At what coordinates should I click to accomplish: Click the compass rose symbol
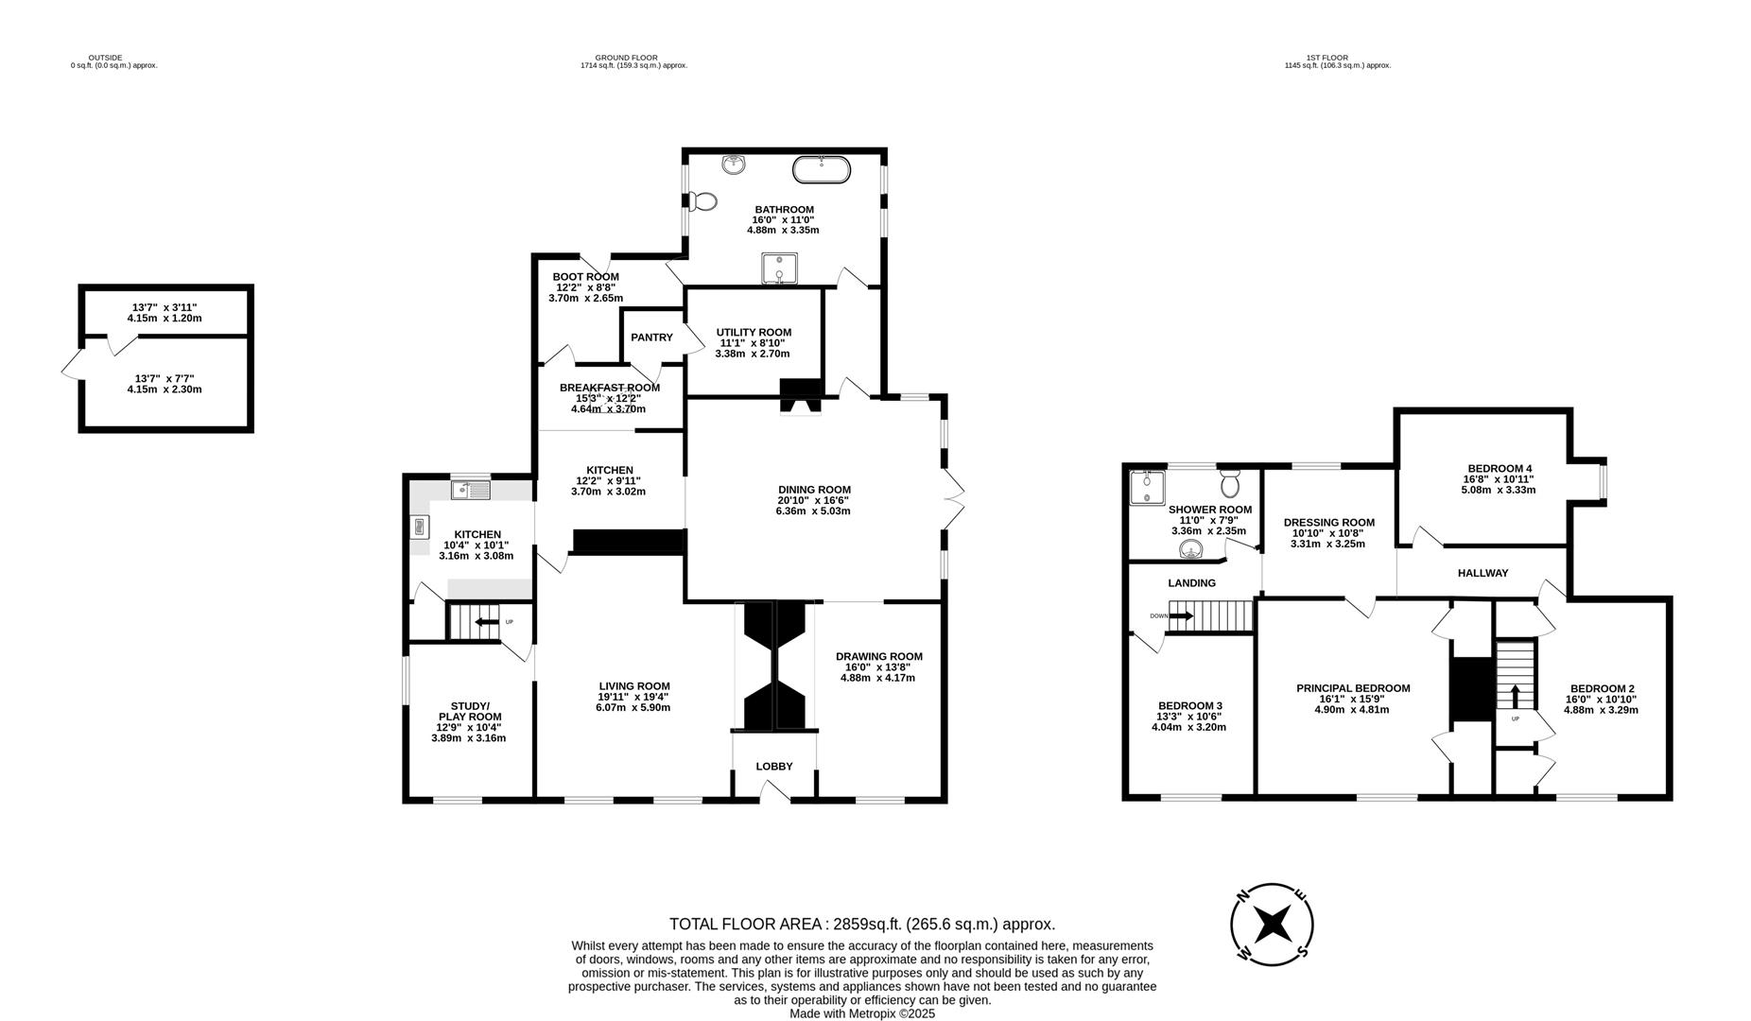click(1272, 925)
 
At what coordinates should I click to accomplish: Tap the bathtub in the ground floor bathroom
click(821, 170)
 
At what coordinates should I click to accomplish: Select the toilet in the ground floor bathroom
click(702, 201)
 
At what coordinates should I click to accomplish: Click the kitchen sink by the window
click(470, 490)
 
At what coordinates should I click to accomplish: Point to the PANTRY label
click(651, 337)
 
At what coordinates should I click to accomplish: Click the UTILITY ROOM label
click(754, 332)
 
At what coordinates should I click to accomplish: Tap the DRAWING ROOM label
click(878, 656)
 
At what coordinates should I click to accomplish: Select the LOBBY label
click(773, 766)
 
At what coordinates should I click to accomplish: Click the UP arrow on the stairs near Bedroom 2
click(1517, 697)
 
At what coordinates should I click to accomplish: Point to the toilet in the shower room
click(1229, 483)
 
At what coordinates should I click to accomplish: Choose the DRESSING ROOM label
click(1328, 522)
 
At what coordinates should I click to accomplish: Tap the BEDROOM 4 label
click(1499, 468)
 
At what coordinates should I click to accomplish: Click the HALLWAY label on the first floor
click(1482, 573)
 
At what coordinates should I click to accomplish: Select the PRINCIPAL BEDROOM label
click(1352, 688)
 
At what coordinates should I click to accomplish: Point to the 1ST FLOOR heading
click(1327, 58)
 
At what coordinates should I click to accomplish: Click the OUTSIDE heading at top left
click(105, 58)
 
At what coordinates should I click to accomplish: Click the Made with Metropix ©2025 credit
click(861, 1012)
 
